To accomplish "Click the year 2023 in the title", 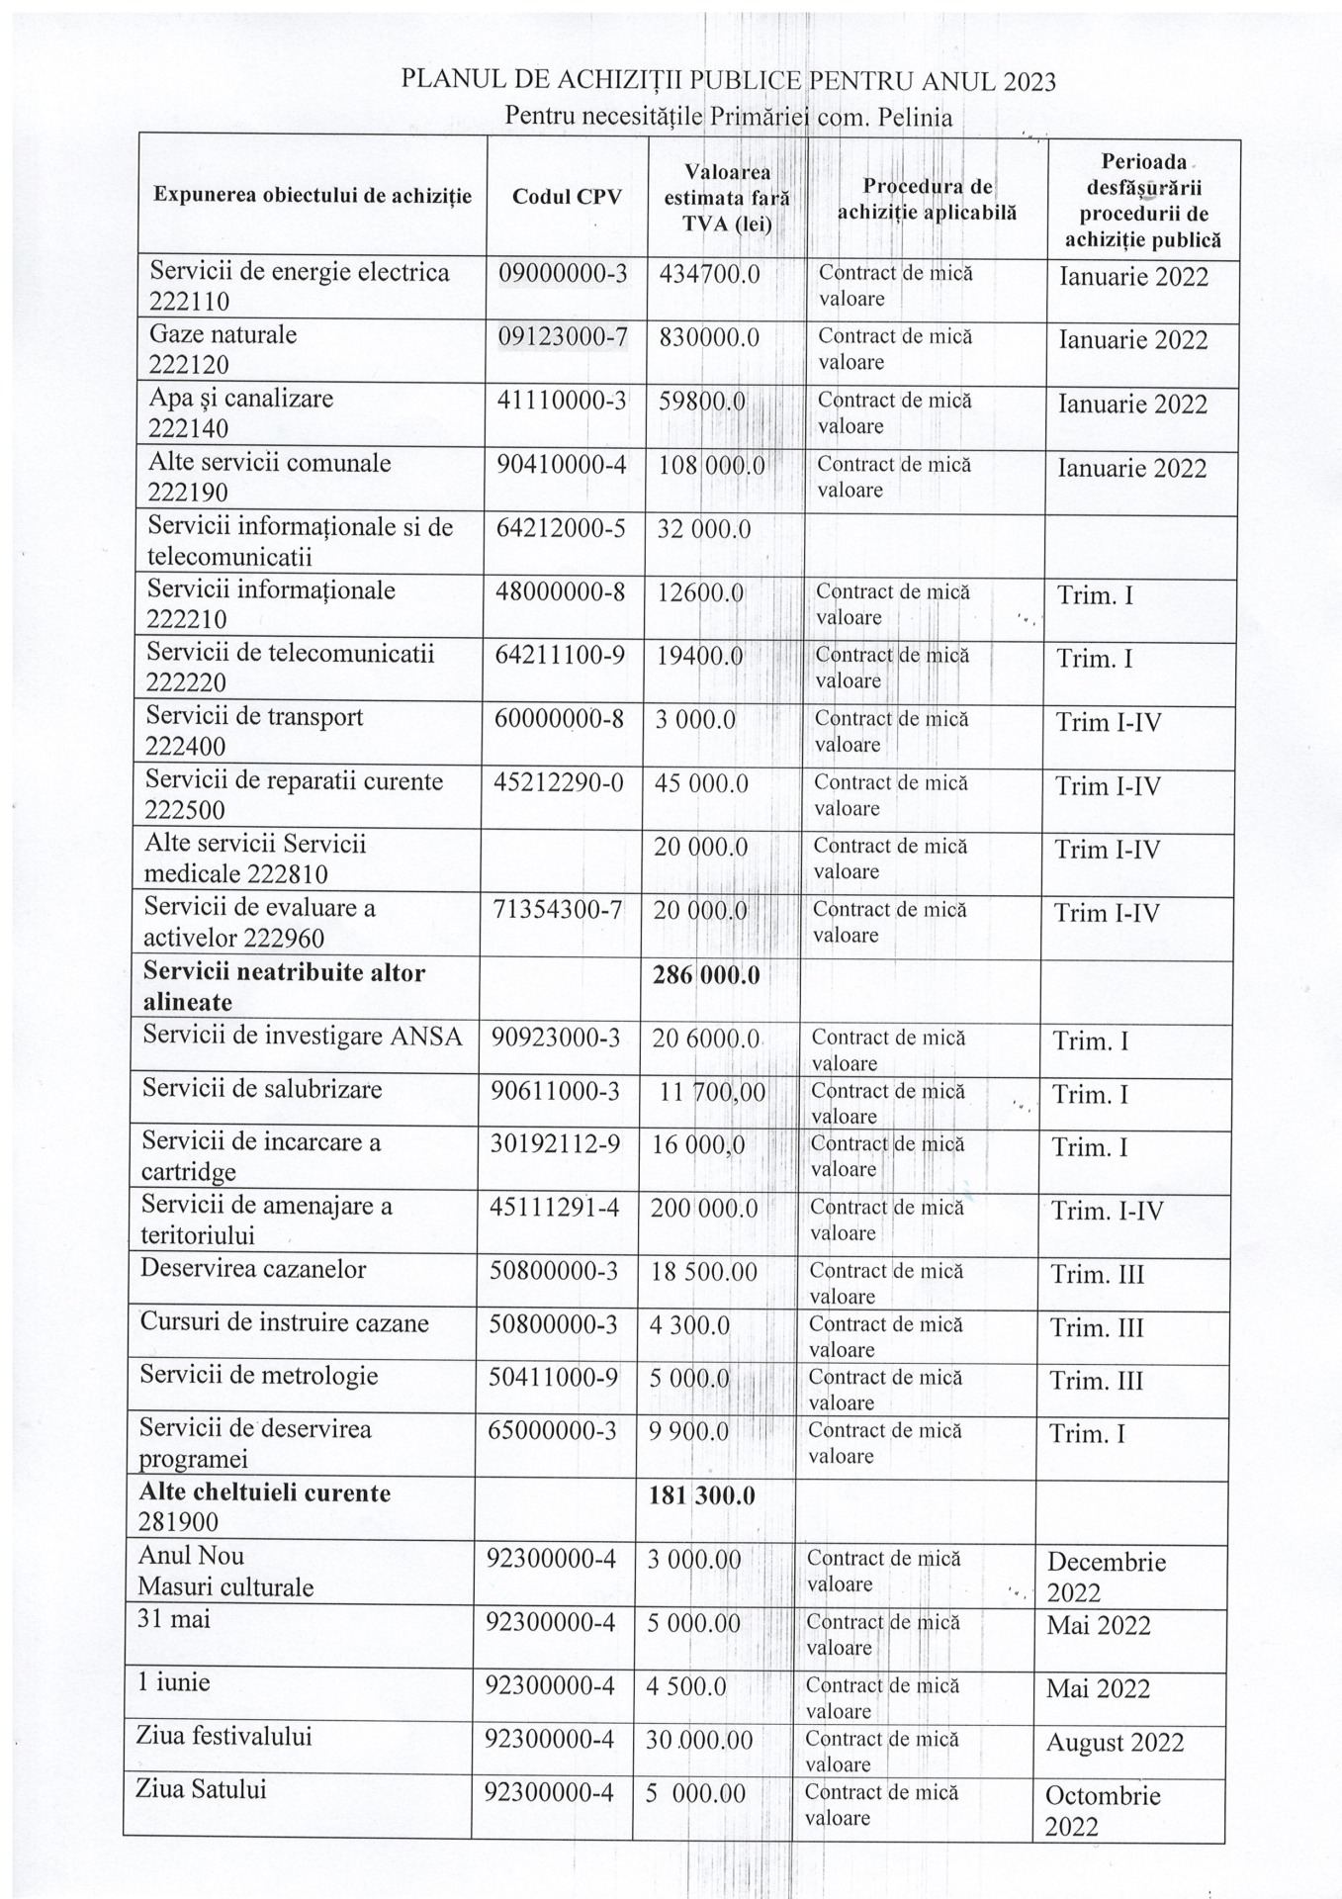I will [x=1029, y=82].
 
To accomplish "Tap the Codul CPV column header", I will [x=567, y=197].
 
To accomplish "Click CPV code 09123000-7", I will [x=563, y=338].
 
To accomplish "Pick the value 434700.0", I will [x=709, y=274].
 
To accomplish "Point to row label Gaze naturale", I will [x=223, y=334].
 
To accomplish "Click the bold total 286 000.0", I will [x=706, y=975].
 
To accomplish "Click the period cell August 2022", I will [x=1115, y=1742].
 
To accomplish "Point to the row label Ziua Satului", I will [x=202, y=1789].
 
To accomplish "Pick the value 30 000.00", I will [x=699, y=1741].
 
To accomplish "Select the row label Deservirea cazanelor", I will [x=253, y=1269].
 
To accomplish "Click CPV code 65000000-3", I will [x=553, y=1431].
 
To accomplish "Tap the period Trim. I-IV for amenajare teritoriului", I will [x=1108, y=1212].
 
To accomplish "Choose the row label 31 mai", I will [x=174, y=1619].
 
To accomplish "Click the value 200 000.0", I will [x=704, y=1209].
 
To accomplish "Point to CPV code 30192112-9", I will [x=555, y=1144].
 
